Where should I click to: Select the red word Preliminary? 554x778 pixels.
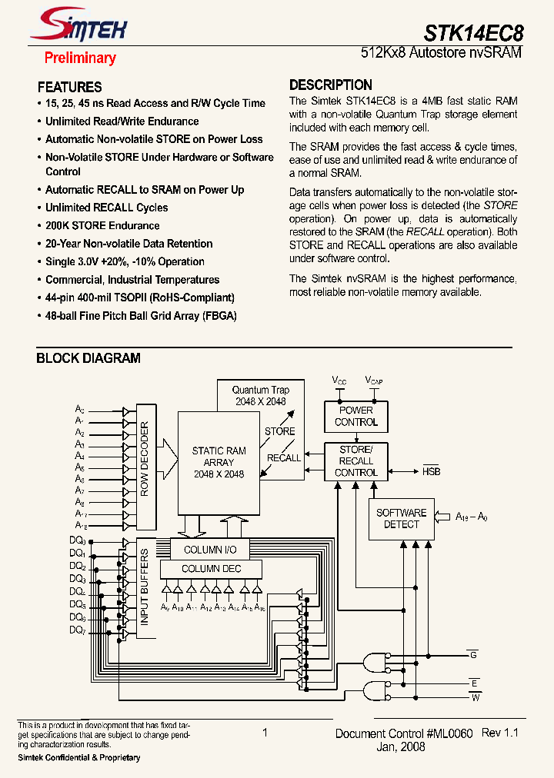tap(80, 58)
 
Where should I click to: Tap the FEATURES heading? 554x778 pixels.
tap(69, 87)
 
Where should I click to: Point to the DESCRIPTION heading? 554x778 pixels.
tap(331, 85)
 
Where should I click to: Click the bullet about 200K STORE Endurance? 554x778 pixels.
tap(102, 225)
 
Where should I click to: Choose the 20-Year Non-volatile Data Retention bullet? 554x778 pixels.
tap(128, 244)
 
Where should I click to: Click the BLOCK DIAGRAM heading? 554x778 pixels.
tap(88, 358)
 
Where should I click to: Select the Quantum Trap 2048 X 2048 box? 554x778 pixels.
tap(259, 396)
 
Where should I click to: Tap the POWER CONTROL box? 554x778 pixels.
tap(356, 416)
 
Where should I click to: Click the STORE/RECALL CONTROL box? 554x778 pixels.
tap(356, 461)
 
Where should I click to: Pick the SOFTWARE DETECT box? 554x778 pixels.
tap(401, 518)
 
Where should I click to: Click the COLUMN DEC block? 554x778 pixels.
tap(211, 569)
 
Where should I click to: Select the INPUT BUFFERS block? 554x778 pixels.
tap(145, 588)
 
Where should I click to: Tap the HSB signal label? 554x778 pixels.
tap(432, 471)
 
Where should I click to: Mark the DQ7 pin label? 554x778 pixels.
tap(77, 630)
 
